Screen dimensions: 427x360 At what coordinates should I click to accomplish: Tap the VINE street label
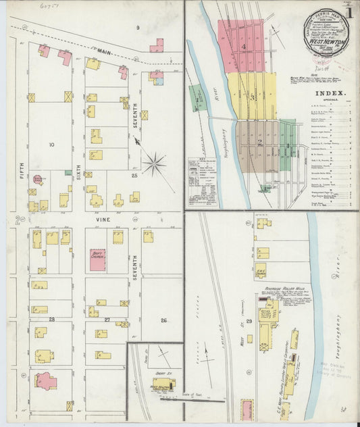coord(103,220)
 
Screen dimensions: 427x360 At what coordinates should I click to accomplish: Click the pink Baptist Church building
coord(97,259)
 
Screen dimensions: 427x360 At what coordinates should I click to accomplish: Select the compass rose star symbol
coord(155,163)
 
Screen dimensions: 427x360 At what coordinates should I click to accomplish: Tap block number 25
coord(134,176)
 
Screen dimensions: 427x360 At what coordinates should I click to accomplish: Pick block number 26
coord(163,320)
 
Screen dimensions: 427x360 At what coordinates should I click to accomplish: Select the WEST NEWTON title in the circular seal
coord(321,41)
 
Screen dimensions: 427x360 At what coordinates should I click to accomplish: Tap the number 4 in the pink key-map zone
coord(243,46)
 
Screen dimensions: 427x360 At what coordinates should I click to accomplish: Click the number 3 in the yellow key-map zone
coord(253,97)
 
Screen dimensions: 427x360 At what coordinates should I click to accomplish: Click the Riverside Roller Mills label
coord(286,288)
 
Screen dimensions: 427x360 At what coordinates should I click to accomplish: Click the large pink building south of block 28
coord(45,381)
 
